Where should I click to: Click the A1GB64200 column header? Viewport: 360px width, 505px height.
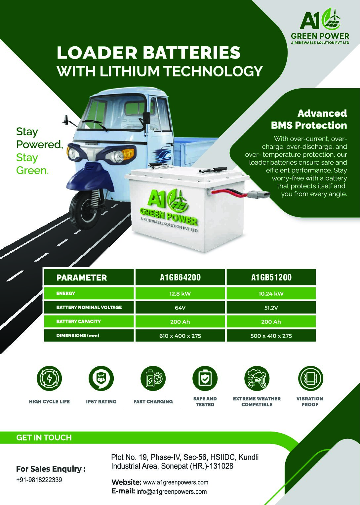180,277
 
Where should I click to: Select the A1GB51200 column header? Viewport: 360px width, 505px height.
271,277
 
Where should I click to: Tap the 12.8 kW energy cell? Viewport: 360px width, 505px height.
180,294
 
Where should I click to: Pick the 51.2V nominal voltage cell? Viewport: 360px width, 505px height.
271,308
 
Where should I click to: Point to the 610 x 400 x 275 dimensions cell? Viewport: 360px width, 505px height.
180,336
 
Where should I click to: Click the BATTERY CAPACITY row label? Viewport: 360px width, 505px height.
78,321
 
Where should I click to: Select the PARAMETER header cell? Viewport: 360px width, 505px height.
89,277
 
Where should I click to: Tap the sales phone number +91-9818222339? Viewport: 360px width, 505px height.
39,480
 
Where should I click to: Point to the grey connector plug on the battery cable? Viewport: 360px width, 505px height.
259,194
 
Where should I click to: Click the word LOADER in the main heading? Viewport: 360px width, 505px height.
97,53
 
